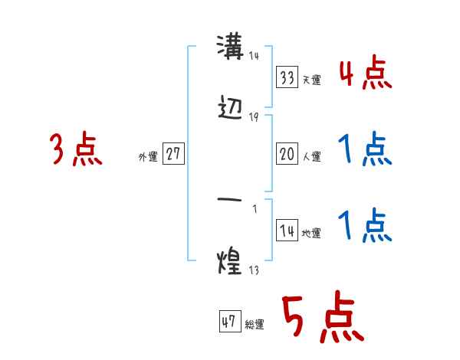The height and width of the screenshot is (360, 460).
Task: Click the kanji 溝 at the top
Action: click(229, 47)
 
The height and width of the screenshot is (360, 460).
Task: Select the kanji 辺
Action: click(230, 109)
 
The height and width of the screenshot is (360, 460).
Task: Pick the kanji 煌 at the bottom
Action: click(229, 262)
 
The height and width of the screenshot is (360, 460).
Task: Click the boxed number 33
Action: click(287, 77)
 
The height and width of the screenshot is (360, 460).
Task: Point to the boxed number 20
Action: click(287, 154)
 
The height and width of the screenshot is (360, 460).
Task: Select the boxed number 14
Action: click(287, 231)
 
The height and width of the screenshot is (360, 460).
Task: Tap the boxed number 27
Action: click(173, 154)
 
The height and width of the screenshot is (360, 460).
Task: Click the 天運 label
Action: click(311, 80)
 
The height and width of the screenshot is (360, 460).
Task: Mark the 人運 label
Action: click(311, 156)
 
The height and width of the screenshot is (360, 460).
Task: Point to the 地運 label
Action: click(311, 233)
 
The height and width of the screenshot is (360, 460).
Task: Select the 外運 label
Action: click(148, 156)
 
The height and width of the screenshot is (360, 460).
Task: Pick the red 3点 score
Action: click(76, 149)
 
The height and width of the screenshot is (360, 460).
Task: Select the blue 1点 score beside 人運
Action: click(365, 150)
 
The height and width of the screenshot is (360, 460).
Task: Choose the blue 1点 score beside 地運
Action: click(365, 227)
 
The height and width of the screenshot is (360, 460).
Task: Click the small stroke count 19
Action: click(254, 116)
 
